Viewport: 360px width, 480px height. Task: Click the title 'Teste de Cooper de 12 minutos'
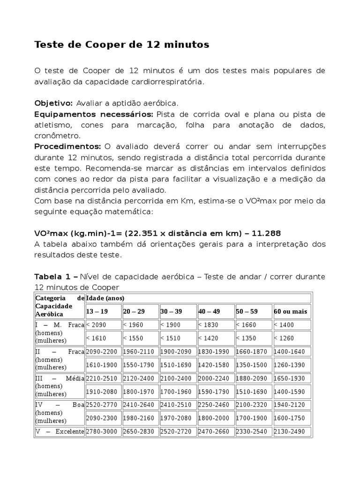click(x=122, y=45)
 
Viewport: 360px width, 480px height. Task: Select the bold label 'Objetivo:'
click(x=53, y=103)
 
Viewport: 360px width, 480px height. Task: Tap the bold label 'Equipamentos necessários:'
click(x=94, y=114)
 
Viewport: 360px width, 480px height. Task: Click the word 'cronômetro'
click(x=58, y=136)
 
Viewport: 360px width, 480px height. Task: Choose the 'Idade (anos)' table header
click(x=105, y=298)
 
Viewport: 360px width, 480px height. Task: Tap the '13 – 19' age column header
click(x=97, y=312)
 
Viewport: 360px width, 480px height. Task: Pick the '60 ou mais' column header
click(x=291, y=312)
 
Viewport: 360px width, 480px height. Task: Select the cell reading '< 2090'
click(x=97, y=325)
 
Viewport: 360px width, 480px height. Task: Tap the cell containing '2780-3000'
click(x=103, y=431)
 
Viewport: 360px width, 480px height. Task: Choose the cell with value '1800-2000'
click(x=215, y=418)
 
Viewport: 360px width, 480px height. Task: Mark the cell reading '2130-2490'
click(x=292, y=431)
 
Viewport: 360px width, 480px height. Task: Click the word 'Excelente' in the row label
click(x=69, y=431)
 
